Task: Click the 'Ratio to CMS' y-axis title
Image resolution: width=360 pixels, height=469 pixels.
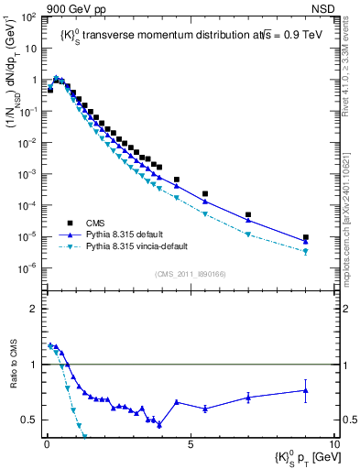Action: click(x=13, y=375)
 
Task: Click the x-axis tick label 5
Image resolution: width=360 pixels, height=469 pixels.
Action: click(x=190, y=442)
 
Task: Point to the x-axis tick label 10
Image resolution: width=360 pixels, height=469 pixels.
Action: click(x=334, y=442)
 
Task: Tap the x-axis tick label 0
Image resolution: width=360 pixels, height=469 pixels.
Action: click(x=45, y=442)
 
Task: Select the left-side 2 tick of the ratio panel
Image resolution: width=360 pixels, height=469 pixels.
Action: click(x=34, y=309)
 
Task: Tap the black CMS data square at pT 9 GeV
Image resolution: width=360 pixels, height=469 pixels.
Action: click(x=306, y=237)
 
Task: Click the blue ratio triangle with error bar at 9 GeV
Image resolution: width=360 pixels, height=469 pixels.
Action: click(x=306, y=390)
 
